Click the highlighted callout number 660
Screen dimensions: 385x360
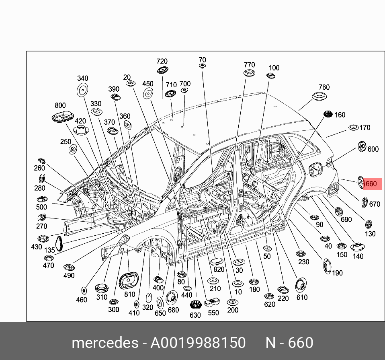(x=371, y=184)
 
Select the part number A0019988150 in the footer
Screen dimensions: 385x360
(x=198, y=343)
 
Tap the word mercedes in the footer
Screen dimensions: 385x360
(x=104, y=343)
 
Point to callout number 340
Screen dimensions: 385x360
(x=82, y=78)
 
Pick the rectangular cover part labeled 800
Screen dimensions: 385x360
(x=63, y=117)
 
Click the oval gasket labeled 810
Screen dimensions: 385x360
(x=129, y=280)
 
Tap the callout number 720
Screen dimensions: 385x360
(x=162, y=61)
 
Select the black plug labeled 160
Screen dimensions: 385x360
(x=327, y=115)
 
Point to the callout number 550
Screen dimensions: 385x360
(x=213, y=313)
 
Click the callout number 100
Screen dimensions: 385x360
(x=274, y=68)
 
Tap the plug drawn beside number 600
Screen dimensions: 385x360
(x=361, y=147)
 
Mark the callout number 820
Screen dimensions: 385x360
(x=219, y=269)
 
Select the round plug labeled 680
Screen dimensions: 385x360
(x=172, y=298)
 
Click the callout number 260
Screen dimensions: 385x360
(x=39, y=168)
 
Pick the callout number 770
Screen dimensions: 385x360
(x=249, y=65)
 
